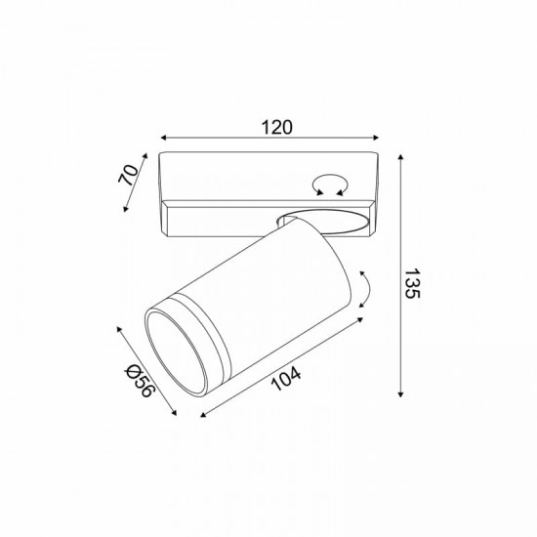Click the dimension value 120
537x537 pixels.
278,127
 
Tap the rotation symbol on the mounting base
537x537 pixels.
326,183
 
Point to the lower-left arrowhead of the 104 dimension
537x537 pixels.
205,415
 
